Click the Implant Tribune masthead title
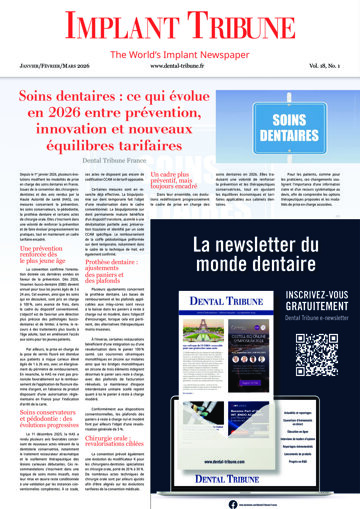pyautogui.click(x=180, y=22)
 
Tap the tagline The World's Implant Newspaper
pyautogui.click(x=180, y=48)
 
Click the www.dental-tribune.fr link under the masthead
pyautogui.click(x=180, y=67)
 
